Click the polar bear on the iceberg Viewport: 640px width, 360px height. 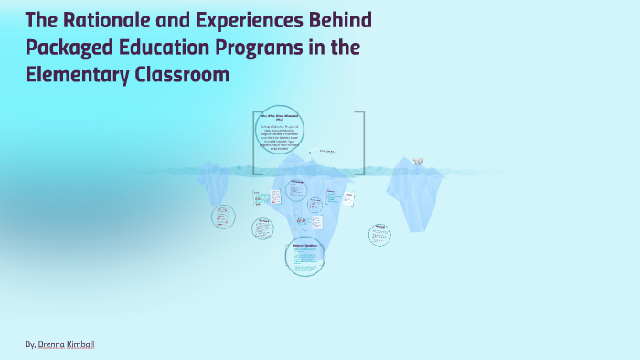(x=418, y=162)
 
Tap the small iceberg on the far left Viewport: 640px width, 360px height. (x=216, y=183)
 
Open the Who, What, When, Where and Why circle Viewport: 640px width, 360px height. (x=279, y=130)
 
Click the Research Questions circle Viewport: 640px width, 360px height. (x=304, y=256)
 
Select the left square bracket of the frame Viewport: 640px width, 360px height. (x=255, y=142)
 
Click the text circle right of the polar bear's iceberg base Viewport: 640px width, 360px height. (x=379, y=234)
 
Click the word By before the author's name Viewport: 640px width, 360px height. (x=31, y=344)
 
